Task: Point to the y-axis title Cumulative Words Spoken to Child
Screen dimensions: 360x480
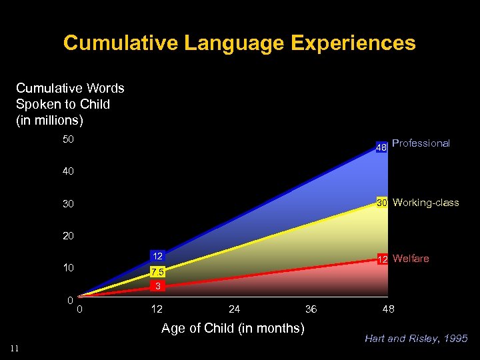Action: [70, 105]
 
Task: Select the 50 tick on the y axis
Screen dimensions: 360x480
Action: [68, 139]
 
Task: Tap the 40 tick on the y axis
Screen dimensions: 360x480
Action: [68, 171]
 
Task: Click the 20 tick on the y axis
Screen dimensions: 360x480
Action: [68, 236]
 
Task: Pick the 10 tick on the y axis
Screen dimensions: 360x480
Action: [68, 268]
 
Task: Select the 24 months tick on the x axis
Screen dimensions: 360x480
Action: [234, 309]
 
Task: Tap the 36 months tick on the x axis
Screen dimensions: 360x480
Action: [311, 309]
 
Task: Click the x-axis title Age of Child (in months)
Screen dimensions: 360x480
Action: [233, 328]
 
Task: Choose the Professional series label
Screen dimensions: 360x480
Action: [421, 143]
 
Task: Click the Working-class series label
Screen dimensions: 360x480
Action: [426, 203]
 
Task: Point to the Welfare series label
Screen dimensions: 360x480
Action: [411, 259]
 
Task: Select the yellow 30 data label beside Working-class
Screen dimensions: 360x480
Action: [383, 203]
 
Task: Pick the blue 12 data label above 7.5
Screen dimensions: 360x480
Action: [157, 256]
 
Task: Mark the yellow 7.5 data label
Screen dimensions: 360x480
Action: [157, 272]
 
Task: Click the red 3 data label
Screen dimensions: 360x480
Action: [157, 286]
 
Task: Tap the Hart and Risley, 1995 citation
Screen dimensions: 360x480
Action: [416, 339]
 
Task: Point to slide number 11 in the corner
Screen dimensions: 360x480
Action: [15, 347]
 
